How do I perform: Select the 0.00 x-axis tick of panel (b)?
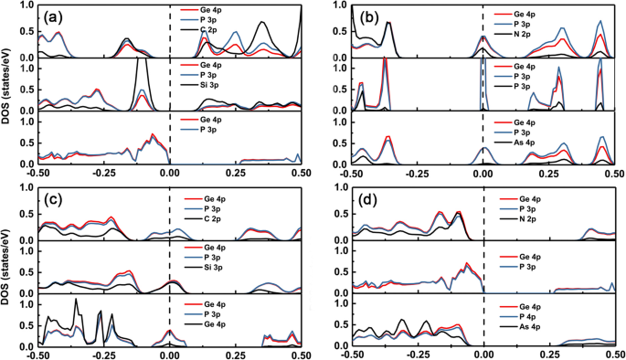tap(483, 172)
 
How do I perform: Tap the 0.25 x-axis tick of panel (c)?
tap(235, 353)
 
